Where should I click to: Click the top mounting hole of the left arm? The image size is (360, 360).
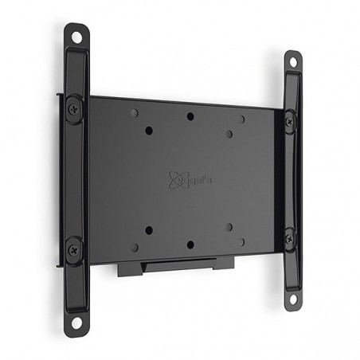pos(77,36)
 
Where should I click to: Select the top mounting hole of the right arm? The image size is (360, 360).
pos(293,63)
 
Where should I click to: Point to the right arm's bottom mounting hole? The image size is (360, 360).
pos(293,299)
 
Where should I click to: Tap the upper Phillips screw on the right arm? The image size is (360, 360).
pos(288,122)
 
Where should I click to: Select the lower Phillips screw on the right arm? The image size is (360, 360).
pos(289,238)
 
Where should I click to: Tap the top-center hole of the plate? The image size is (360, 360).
pos(190,117)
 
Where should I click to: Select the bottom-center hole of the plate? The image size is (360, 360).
pos(190,245)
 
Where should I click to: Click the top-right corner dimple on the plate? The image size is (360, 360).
pos(242,119)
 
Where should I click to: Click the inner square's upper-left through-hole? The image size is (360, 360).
pos(149,130)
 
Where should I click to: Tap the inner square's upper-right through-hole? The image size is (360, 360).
pos(229,134)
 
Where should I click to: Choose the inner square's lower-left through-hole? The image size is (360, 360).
pos(149,230)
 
